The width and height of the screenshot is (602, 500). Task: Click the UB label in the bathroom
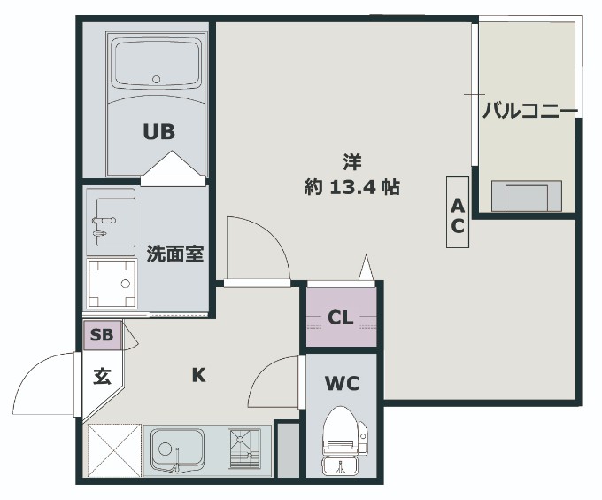pyautogui.click(x=159, y=131)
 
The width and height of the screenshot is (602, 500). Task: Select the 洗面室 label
pyautogui.click(x=175, y=254)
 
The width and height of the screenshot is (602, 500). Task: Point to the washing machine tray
pyautogui.click(x=111, y=283)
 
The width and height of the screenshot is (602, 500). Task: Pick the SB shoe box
pyautogui.click(x=101, y=336)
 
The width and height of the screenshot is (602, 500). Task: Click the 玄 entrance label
pyautogui.click(x=103, y=376)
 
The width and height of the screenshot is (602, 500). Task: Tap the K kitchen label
pyautogui.click(x=199, y=374)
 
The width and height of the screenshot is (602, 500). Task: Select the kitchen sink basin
pyautogui.click(x=176, y=450)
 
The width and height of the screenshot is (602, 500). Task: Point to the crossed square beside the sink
pyautogui.click(x=112, y=451)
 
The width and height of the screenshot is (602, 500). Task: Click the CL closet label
pyautogui.click(x=341, y=317)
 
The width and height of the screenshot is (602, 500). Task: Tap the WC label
pyautogui.click(x=341, y=385)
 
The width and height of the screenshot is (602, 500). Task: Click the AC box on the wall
pyautogui.click(x=458, y=215)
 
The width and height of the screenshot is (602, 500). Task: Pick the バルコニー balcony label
pyautogui.click(x=529, y=112)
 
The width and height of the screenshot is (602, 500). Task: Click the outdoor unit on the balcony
pyautogui.click(x=527, y=195)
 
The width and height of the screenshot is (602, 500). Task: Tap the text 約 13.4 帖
pyautogui.click(x=352, y=187)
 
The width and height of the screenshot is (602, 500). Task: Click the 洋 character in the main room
pyautogui.click(x=352, y=161)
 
